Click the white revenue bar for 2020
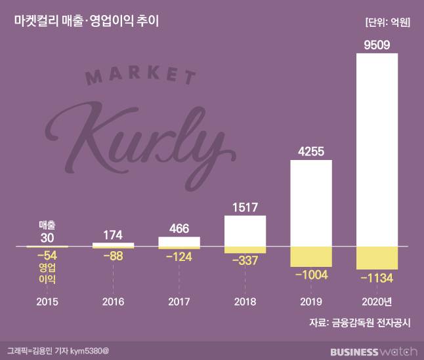[377, 150]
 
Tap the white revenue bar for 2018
[245, 231]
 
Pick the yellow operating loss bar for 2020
[377, 258]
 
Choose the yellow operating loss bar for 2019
[311, 256]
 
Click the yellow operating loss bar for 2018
[245, 250]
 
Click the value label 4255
[311, 152]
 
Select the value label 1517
[245, 209]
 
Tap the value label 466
[179, 229]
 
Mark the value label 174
[114, 234]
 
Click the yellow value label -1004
[311, 275]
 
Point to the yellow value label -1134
[377, 278]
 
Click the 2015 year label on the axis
[47, 303]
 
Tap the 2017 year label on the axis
[179, 303]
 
